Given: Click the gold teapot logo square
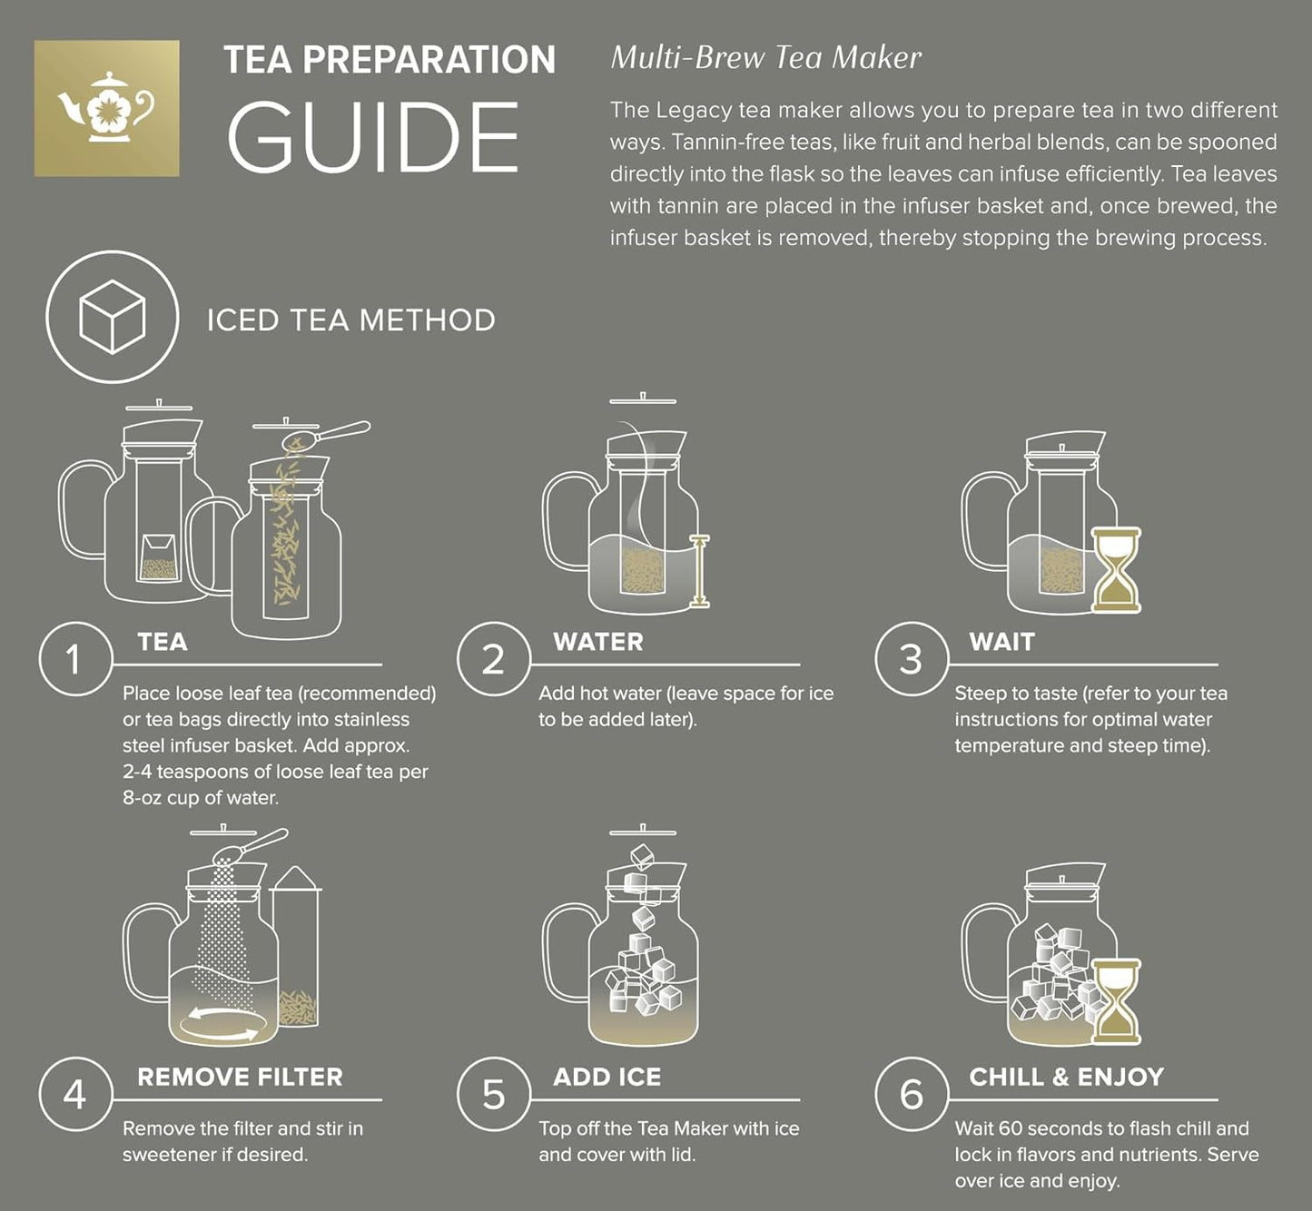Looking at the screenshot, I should tap(106, 108).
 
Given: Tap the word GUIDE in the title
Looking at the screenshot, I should tap(372, 138).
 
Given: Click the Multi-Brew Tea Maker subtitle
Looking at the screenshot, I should tap(765, 58).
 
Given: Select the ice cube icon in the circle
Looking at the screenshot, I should tap(112, 317).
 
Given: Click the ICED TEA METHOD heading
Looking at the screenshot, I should tap(350, 320).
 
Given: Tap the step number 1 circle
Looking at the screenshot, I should tap(74, 659).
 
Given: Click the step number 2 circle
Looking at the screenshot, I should tap(493, 659).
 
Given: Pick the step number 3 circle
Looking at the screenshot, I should tap(911, 659).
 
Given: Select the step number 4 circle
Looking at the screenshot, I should tap(74, 1094).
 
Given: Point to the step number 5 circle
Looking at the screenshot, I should tap(493, 1094).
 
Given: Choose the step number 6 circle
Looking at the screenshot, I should tap(911, 1094).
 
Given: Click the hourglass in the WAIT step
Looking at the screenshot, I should tap(1116, 569).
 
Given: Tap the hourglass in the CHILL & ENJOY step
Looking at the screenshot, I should tap(1116, 1001).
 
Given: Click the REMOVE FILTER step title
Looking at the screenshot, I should tap(240, 1077).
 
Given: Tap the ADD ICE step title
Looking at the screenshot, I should tap(607, 1077).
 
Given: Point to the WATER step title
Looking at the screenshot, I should tap(597, 642).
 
